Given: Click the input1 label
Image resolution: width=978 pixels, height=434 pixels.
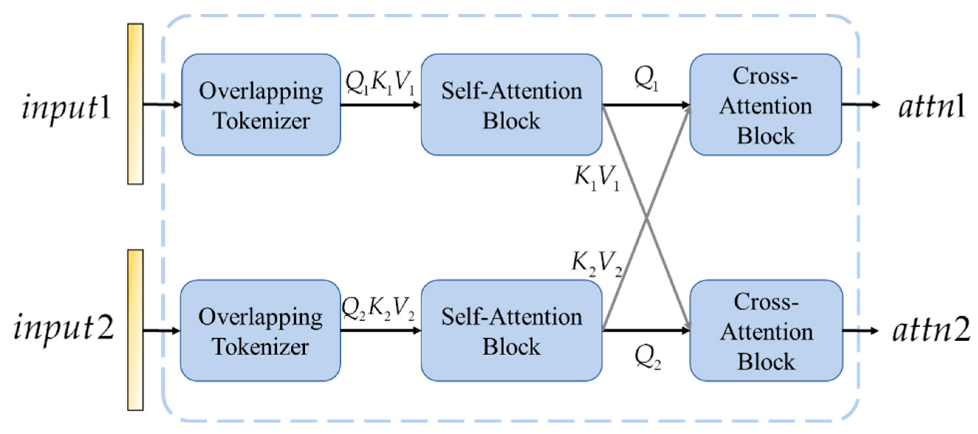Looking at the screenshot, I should point(66,108).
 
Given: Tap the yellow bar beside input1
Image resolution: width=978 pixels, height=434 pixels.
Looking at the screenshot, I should point(136,104).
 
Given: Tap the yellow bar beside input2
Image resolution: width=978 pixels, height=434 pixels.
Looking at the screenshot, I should point(136,329).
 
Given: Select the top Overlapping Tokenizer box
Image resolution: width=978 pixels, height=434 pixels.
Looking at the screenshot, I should point(261,105).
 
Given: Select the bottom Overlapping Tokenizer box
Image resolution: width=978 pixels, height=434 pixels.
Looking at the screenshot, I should point(260,330).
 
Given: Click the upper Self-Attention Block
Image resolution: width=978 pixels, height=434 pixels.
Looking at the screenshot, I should point(511,105).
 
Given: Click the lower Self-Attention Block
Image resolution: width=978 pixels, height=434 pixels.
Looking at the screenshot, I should point(511,330).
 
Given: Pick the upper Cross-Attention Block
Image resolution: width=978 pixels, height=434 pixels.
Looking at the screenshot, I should point(765,105).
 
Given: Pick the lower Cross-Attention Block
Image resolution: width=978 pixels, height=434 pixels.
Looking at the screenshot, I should point(766,330).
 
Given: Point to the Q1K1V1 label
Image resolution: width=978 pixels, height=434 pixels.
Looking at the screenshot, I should point(380,83).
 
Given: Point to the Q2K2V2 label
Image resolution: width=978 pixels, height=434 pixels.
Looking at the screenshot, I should point(378,308).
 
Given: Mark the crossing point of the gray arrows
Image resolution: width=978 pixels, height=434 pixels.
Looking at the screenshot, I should point(646,217).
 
